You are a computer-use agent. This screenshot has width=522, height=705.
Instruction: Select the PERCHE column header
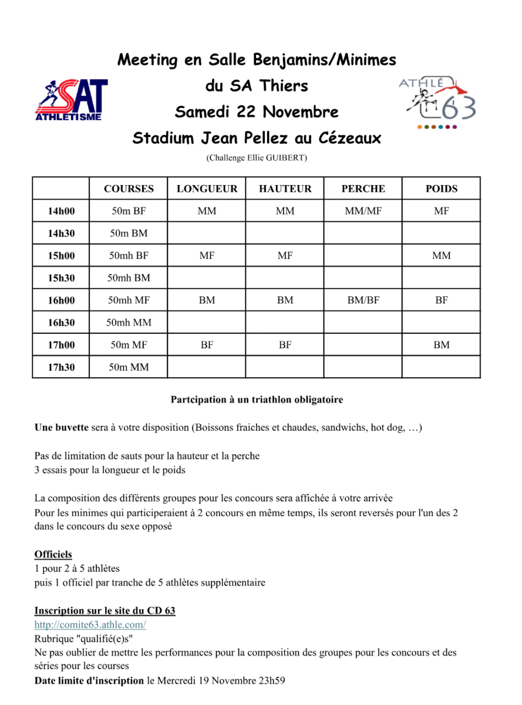pos(363,189)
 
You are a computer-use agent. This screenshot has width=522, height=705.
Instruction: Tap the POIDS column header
pos(441,189)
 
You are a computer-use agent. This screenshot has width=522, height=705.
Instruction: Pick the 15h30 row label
pos(61,278)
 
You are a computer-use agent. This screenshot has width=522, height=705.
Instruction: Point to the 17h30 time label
pos(61,367)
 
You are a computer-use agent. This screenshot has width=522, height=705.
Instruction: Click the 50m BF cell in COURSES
pos(129,211)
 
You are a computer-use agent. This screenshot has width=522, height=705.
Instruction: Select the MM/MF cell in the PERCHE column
pos(363,211)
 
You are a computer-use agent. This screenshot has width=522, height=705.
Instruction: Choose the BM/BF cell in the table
pos(363,300)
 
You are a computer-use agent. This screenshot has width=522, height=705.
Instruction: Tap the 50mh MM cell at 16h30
pos(129,323)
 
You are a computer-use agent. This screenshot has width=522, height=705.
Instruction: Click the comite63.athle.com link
pos(90,625)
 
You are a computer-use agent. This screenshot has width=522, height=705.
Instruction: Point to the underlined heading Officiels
pos(53,555)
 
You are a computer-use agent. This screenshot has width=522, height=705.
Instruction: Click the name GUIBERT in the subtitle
pos(287,158)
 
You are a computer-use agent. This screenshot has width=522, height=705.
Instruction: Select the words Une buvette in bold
pos(61,427)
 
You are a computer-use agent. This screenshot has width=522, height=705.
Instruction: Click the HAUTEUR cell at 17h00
pos(285,345)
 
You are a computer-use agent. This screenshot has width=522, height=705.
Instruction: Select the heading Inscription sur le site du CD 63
pos(105,611)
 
